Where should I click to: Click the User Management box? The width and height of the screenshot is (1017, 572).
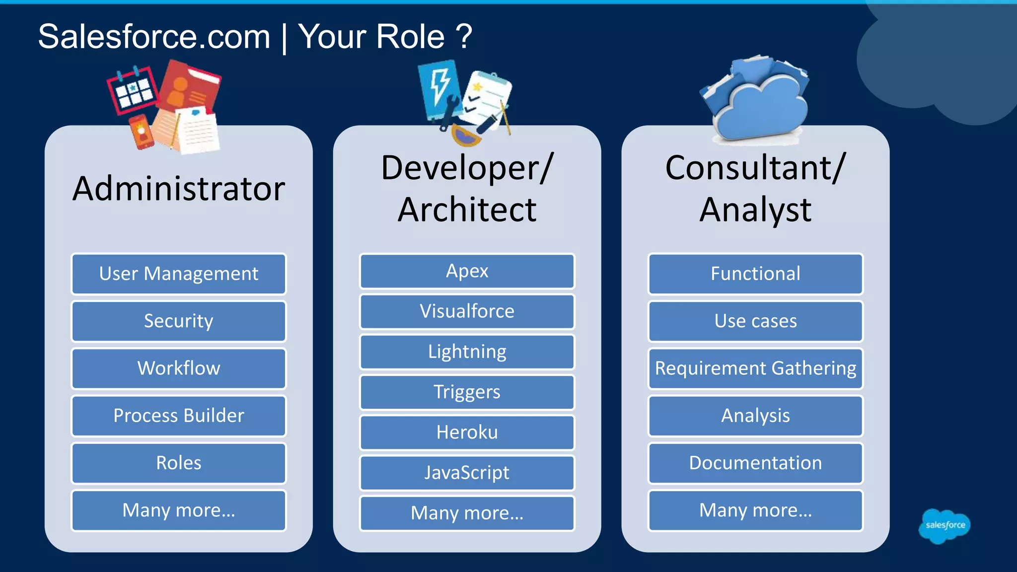[x=179, y=274]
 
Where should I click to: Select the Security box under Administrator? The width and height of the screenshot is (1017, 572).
[x=179, y=321]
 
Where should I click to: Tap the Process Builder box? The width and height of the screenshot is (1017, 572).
[x=179, y=416]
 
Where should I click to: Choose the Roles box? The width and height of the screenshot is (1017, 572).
[x=179, y=463]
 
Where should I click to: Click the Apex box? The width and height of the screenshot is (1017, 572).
[x=467, y=271]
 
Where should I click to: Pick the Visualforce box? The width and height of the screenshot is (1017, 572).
[x=467, y=311]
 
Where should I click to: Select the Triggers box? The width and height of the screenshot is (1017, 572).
[x=467, y=392]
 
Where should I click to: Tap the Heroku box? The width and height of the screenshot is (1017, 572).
[x=467, y=432]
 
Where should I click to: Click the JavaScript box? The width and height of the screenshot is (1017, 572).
[x=467, y=472]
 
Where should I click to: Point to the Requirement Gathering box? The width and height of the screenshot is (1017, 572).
[x=755, y=368]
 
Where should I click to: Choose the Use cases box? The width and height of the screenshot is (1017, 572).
[x=755, y=321]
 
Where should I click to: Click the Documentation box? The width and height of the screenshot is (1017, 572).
[x=755, y=463]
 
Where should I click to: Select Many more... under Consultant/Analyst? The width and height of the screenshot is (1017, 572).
[x=755, y=510]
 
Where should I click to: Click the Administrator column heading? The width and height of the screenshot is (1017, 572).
[x=179, y=189]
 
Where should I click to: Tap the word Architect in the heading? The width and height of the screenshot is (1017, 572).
[x=467, y=210]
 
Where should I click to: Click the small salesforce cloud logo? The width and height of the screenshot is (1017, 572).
[x=944, y=525]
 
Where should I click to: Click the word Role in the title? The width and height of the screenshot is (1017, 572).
[x=410, y=37]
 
